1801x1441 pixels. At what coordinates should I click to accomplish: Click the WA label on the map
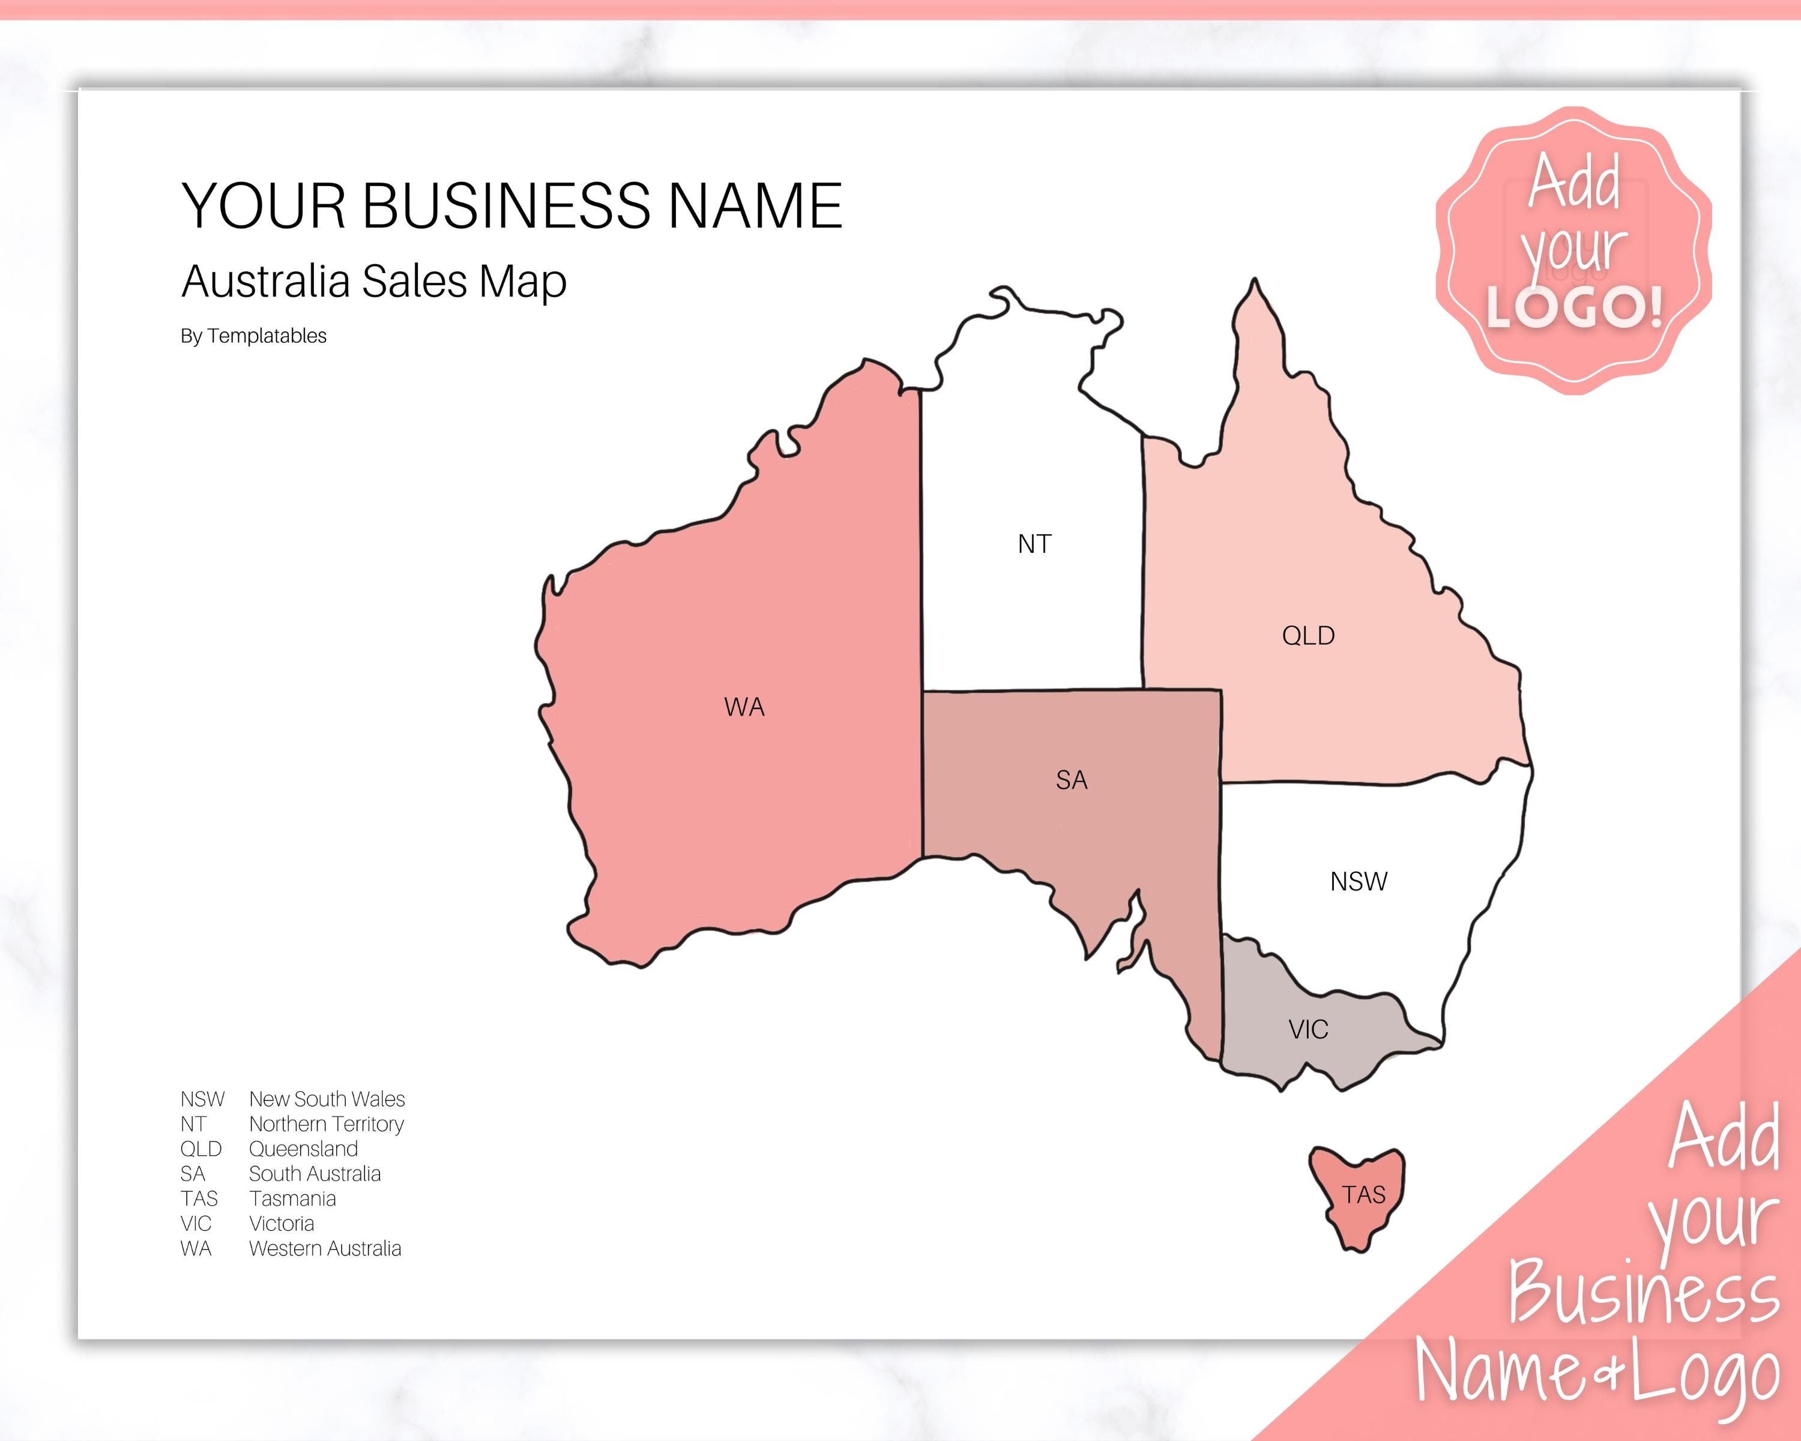point(743,707)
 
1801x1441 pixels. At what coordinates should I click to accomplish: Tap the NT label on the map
point(1034,545)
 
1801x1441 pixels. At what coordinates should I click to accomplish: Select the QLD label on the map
point(1308,636)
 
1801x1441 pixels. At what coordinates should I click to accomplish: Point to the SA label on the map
point(1071,780)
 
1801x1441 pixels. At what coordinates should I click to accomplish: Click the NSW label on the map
point(1359,881)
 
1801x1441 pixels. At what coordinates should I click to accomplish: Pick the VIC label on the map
point(1308,1030)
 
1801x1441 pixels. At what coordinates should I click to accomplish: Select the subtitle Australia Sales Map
point(373,282)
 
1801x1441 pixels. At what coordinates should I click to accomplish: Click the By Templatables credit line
point(253,336)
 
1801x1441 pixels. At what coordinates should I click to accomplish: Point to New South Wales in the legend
point(327,1099)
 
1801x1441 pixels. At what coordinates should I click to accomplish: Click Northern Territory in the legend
point(326,1125)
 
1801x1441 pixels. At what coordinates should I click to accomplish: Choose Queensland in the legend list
point(303,1149)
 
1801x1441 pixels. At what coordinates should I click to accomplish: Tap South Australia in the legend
point(314,1174)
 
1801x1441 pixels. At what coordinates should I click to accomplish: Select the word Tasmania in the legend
point(292,1199)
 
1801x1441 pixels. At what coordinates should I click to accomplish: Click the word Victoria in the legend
point(282,1224)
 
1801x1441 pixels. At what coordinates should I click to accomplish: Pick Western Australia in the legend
point(325,1249)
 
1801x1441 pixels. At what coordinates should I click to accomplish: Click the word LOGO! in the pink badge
point(1575,307)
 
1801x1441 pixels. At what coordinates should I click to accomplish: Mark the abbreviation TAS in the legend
point(199,1199)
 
